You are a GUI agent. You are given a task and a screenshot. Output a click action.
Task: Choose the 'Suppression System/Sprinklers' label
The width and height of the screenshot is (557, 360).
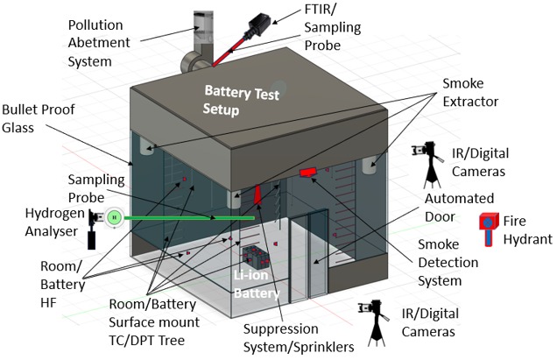click(297, 339)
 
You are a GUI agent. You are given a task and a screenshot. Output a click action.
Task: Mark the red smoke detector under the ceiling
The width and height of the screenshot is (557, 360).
click(307, 173)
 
